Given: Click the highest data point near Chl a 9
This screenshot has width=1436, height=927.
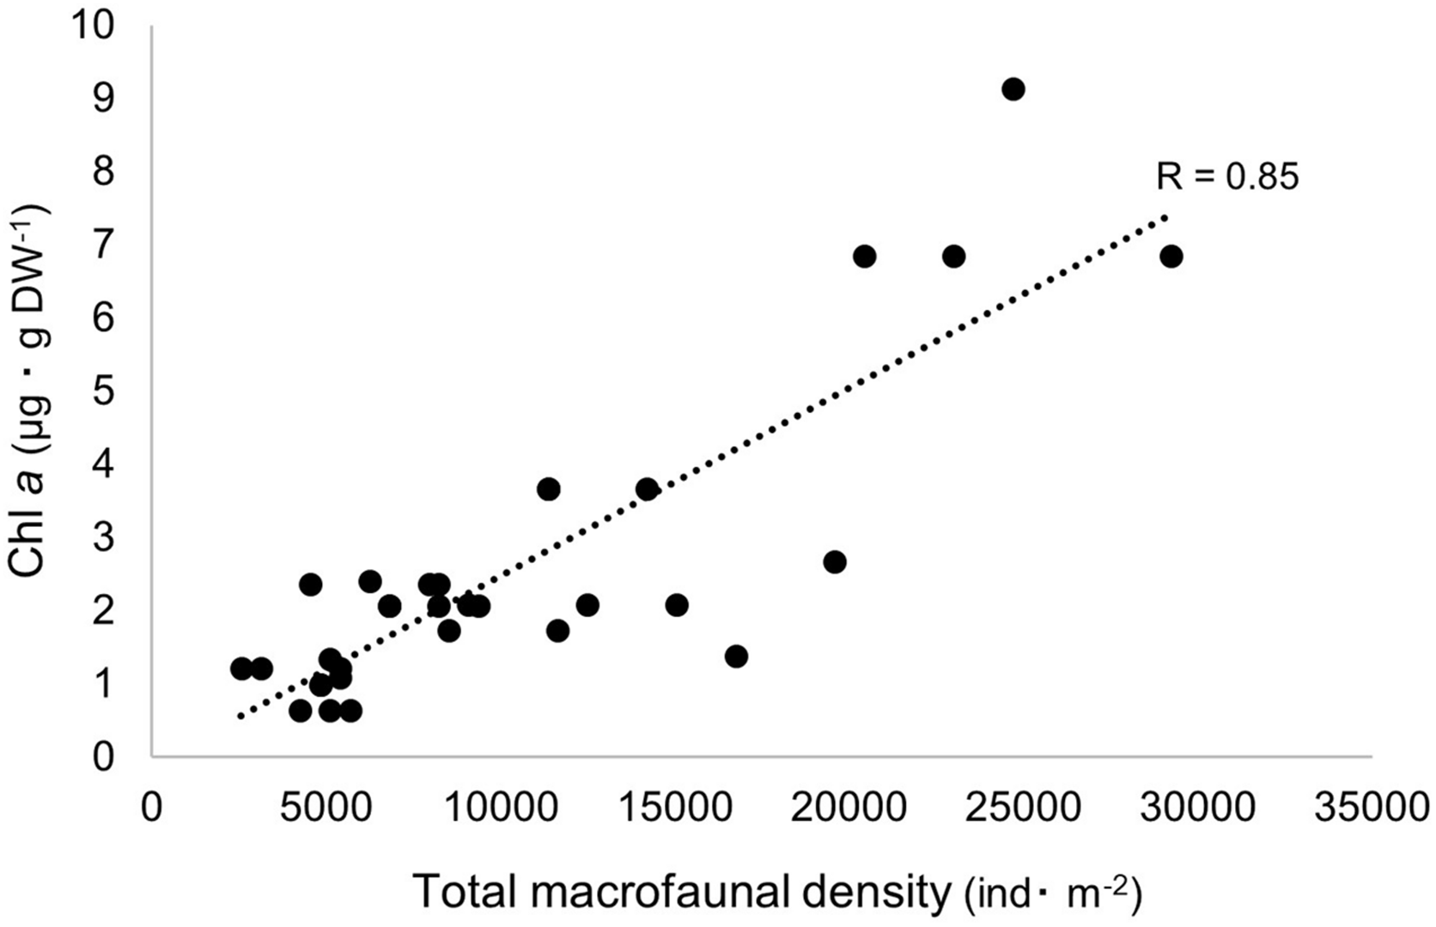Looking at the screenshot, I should pos(1013,89).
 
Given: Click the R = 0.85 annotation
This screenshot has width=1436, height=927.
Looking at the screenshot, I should pos(1227,177).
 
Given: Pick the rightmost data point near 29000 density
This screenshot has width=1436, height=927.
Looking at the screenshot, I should pos(1171,257).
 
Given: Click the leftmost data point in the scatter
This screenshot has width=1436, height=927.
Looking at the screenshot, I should pos(241,669).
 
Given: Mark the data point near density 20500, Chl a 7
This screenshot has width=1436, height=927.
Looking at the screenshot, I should pos(864,257).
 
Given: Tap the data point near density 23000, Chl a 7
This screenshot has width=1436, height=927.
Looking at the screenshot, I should pos(953,257).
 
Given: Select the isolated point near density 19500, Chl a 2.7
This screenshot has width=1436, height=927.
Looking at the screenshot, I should pos(834,562).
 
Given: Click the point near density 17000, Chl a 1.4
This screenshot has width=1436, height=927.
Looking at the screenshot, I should pos(736,657).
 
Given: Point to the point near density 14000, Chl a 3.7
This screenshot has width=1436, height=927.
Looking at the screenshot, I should pos(647,489).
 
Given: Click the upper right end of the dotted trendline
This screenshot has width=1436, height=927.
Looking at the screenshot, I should pos(1165,216).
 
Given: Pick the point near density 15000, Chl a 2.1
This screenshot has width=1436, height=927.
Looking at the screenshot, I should pos(677,605).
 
